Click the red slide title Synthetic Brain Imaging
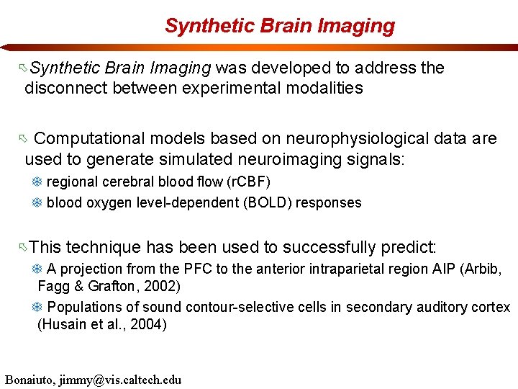pyautogui.click(x=280, y=26)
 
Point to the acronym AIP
pyautogui.click(x=418, y=269)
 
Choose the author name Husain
pyautogui.click(x=64, y=324)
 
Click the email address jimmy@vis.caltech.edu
pyautogui.click(x=125, y=380)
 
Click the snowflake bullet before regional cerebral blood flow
pyautogui.click(x=37, y=182)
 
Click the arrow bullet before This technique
pyautogui.click(x=24, y=249)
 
